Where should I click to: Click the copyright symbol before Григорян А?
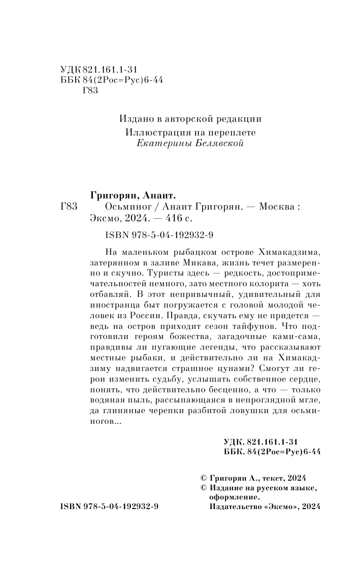204,478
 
